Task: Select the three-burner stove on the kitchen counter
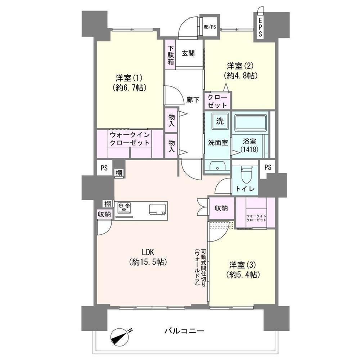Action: [124, 207]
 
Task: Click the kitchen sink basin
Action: [158, 209]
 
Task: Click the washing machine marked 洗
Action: [220, 121]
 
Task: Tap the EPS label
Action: [260, 27]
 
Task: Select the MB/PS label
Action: [210, 27]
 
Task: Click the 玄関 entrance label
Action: [188, 53]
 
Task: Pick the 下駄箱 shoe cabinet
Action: [170, 55]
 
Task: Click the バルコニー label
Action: [184, 331]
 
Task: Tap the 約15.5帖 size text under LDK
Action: [148, 262]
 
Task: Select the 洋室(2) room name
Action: [240, 66]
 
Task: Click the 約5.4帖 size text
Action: [243, 274]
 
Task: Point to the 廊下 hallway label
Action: [193, 100]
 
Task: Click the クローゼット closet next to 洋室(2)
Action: [217, 101]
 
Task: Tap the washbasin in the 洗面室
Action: [217, 166]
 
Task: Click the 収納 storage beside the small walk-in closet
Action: [221, 208]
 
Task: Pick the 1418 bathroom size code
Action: [249, 150]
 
